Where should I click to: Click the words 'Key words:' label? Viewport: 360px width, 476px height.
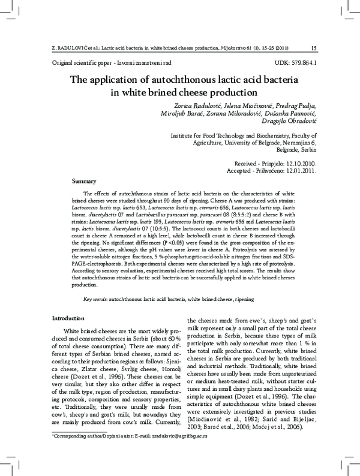click(96, 299)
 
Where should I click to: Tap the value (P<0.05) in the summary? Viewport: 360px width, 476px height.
click(160, 245)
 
